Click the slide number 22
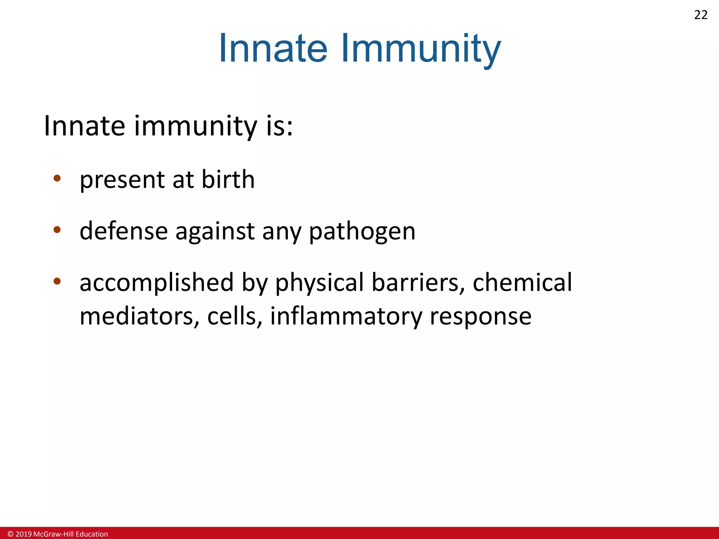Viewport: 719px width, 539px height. click(x=701, y=15)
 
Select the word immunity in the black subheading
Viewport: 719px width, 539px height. click(x=196, y=126)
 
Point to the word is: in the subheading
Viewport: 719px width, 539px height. click(x=279, y=126)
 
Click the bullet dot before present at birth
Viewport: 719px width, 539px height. click(x=57, y=178)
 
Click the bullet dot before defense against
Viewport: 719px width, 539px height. click(x=57, y=230)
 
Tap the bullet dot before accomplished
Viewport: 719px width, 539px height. click(x=57, y=281)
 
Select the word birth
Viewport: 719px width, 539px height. click(x=228, y=179)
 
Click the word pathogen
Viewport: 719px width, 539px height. click(x=362, y=232)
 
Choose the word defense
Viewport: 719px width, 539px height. click(x=124, y=231)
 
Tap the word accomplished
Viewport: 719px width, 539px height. click(x=157, y=283)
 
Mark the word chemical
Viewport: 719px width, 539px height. click(x=522, y=283)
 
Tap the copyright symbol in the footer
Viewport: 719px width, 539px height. click(x=11, y=534)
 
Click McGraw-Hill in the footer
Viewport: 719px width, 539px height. click(x=53, y=534)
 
